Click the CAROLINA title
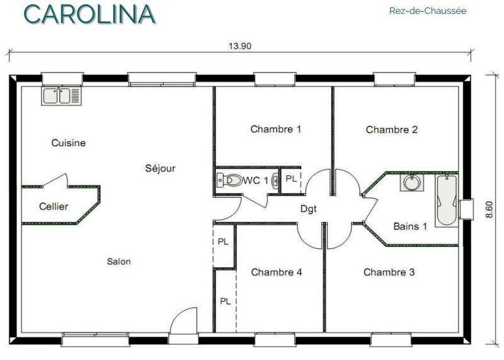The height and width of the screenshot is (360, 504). (89, 14)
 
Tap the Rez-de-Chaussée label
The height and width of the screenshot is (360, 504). (428, 11)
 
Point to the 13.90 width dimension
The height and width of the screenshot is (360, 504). (240, 46)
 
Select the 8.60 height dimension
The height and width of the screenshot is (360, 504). (489, 209)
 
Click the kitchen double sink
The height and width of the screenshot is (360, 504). (61, 96)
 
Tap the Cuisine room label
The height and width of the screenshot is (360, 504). (69, 143)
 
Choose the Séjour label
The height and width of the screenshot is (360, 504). (160, 168)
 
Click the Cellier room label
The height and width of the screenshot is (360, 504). (54, 206)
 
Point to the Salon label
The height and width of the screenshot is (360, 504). (119, 262)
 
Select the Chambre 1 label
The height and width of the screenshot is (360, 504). (276, 129)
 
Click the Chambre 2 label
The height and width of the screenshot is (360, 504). (391, 130)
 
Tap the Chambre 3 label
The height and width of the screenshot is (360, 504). (389, 272)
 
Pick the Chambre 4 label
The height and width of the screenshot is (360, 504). (277, 272)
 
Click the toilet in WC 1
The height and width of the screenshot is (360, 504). (229, 180)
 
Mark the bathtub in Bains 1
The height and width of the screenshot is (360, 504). (447, 200)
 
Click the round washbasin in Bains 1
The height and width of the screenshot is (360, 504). (412, 183)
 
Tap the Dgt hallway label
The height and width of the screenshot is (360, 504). (309, 209)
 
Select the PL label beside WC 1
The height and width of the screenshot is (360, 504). (291, 179)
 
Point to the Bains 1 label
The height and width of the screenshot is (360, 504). (410, 226)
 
